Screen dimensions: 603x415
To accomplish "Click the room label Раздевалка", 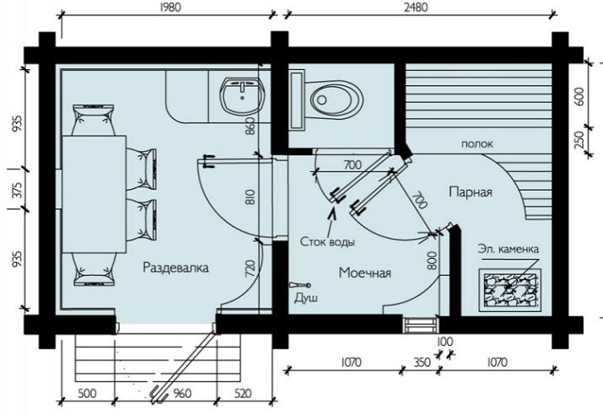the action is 175,267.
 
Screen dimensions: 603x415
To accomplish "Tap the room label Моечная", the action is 365,272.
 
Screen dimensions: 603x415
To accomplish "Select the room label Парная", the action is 471,191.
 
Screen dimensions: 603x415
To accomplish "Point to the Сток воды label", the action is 327,242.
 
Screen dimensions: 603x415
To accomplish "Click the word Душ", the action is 306,298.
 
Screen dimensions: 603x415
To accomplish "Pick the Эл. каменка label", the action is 508,249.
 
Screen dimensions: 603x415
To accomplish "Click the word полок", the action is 476,144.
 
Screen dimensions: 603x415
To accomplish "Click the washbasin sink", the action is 242,96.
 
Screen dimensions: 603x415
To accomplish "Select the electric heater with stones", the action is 509,289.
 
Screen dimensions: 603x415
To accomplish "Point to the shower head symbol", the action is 300,285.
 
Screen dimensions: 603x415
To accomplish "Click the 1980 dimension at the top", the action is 170,8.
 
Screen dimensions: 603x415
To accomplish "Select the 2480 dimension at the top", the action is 416,8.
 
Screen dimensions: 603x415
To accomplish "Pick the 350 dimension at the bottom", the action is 422,362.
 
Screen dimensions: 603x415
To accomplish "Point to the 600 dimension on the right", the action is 579,96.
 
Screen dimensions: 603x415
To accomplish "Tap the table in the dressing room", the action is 94,194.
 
